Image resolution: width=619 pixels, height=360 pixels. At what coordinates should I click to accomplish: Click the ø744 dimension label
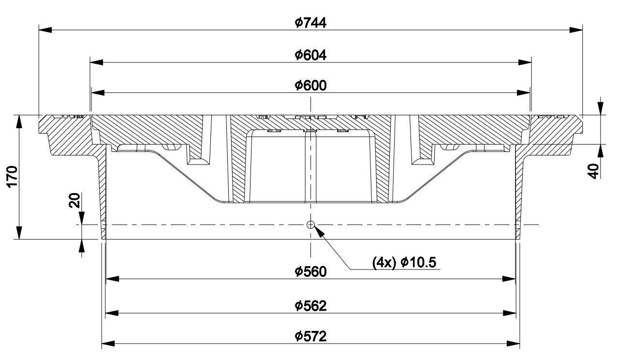pos(310,23)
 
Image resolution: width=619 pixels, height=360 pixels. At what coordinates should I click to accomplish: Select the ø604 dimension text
pos(310,55)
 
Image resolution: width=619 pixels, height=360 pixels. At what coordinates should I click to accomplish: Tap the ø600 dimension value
pos(310,86)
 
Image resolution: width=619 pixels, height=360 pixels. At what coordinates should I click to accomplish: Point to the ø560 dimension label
pos(310,271)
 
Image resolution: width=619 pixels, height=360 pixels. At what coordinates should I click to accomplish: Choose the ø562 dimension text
pos(310,306)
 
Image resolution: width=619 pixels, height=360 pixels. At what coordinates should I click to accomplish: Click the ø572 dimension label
pos(310,336)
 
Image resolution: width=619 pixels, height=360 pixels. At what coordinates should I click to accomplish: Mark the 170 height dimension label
pos(13,177)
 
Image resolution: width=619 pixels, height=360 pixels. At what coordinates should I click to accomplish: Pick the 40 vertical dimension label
pos(593,171)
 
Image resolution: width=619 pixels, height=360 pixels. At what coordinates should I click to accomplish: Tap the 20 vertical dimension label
pos(74,200)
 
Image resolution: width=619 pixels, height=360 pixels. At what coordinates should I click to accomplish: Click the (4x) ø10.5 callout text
pos(404,262)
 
